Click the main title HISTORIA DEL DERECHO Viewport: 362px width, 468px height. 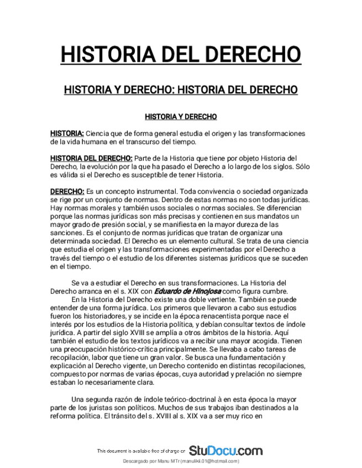[x=181, y=55]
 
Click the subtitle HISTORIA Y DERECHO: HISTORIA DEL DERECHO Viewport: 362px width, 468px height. [x=181, y=89]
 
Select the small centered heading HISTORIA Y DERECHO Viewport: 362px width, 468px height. [x=181, y=117]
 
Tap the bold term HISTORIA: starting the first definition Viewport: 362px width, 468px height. [x=67, y=134]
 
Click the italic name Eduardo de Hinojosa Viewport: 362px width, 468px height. [x=187, y=291]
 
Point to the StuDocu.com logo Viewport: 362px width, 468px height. [x=225, y=451]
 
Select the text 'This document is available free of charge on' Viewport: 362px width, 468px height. [x=141, y=451]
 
